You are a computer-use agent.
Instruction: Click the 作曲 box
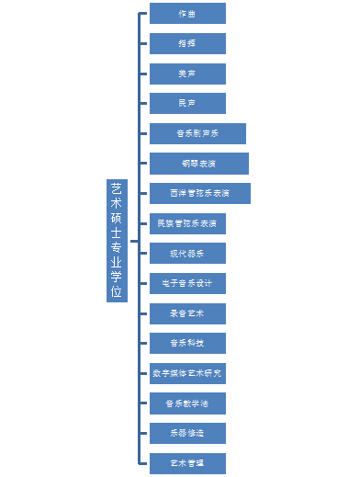(187, 14)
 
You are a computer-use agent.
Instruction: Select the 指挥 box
(187, 43)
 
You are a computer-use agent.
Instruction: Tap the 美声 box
(187, 74)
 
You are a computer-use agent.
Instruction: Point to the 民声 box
(187, 103)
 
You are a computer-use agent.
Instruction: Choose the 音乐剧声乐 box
(198, 133)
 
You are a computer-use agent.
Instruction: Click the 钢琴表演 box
(199, 164)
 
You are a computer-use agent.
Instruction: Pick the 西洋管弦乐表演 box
(200, 194)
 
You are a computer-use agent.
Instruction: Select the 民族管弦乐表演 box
(187, 223)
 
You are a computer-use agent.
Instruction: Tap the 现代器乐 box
(187, 254)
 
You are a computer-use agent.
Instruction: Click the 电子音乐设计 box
(187, 283)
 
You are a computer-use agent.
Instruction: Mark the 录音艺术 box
(187, 313)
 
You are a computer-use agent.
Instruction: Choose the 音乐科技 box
(187, 344)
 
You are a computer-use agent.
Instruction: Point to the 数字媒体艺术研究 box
(187, 373)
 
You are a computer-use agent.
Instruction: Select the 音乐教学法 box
(187, 403)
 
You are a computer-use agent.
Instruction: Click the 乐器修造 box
(187, 433)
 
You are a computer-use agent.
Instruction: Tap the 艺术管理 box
(187, 463)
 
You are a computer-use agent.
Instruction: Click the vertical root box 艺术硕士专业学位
(117, 240)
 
